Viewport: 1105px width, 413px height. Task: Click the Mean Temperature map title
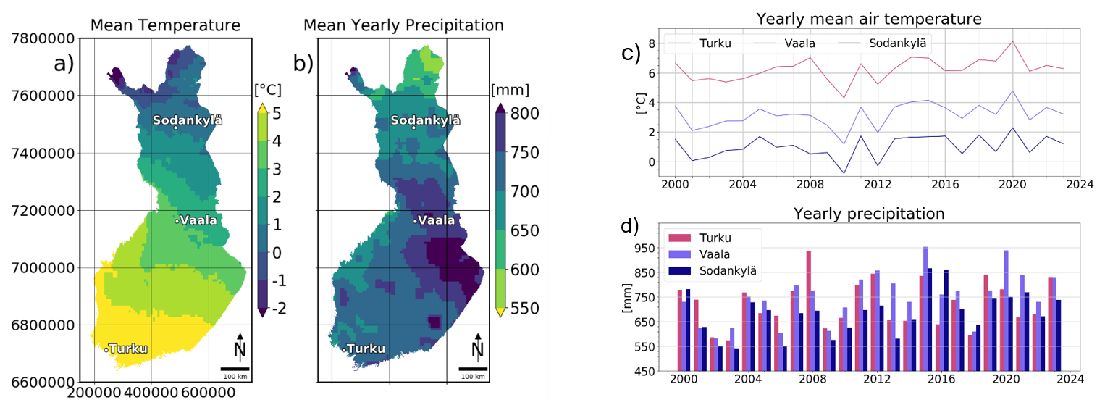(x=165, y=25)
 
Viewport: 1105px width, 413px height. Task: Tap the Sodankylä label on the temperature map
(x=188, y=120)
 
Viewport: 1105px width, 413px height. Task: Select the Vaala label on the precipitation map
(x=437, y=220)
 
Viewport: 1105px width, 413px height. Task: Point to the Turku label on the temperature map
(x=128, y=349)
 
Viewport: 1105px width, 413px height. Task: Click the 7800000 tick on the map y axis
(x=43, y=38)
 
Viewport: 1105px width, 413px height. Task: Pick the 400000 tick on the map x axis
(x=151, y=393)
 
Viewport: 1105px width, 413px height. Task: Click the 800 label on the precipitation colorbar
(x=524, y=114)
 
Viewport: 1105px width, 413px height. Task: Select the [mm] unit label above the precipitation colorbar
(x=510, y=90)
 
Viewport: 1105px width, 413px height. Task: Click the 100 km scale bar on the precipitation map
(x=473, y=369)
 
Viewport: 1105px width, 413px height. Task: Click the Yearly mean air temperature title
(x=869, y=19)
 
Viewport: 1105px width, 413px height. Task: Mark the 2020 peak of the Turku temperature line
(x=1013, y=41)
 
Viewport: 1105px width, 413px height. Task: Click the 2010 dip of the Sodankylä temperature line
(x=844, y=173)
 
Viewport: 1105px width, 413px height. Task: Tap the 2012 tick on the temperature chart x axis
(x=877, y=185)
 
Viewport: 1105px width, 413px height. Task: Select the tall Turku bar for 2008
(x=809, y=312)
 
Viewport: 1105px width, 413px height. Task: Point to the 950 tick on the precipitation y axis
(x=644, y=249)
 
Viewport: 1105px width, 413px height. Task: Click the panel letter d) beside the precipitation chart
(x=630, y=226)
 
